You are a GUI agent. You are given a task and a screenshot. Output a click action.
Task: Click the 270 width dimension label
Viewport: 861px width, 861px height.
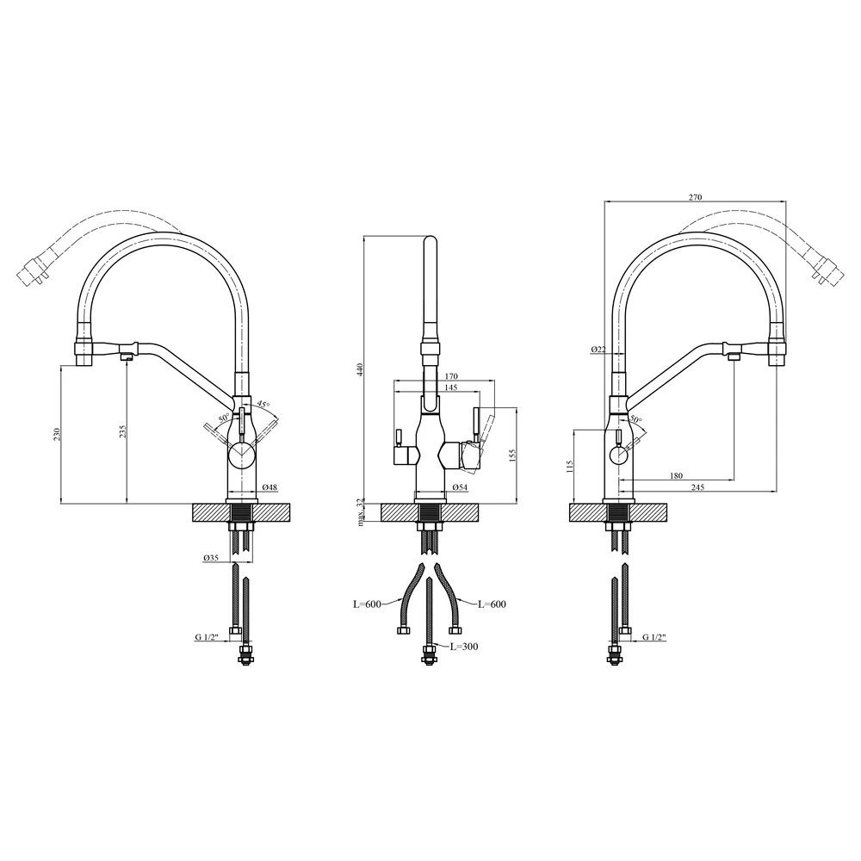pos(695,197)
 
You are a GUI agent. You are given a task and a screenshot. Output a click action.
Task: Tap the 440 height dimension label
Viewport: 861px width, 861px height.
pos(361,369)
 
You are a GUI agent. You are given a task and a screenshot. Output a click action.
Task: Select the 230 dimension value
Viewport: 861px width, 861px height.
pos(57,434)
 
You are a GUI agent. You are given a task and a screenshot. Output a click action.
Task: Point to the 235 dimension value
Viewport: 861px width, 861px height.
pos(123,430)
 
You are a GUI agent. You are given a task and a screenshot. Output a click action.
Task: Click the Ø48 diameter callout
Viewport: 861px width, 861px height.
pos(269,487)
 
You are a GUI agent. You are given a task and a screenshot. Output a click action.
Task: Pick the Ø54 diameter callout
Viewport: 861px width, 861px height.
pos(460,487)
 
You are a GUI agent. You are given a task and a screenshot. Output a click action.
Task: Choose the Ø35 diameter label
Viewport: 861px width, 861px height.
pos(211,557)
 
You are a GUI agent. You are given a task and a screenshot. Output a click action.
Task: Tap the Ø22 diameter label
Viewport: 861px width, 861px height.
pos(598,350)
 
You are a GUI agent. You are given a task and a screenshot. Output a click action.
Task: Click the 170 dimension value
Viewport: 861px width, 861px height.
pos(451,377)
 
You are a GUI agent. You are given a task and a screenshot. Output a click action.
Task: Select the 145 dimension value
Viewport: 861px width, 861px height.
pos(450,387)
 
